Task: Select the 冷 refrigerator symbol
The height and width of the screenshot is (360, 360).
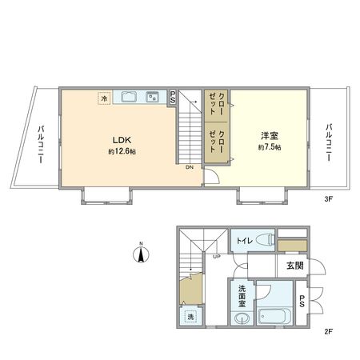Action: click(103, 98)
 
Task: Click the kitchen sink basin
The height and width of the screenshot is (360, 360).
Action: click(128, 98)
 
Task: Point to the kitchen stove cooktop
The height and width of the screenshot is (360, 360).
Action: click(150, 98)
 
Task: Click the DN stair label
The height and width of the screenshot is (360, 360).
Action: click(189, 168)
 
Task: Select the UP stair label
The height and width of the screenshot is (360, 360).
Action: click(216, 256)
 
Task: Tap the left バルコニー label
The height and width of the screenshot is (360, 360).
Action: click(40, 144)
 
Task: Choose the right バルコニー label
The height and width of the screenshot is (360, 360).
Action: click(329, 142)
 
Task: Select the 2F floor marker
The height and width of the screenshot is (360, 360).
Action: click(327, 330)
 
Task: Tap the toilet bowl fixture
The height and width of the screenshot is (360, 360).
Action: click(268, 239)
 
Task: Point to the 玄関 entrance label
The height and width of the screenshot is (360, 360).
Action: click(294, 265)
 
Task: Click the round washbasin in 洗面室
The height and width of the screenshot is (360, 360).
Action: click(242, 319)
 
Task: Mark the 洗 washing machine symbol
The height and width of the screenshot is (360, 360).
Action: click(190, 318)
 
